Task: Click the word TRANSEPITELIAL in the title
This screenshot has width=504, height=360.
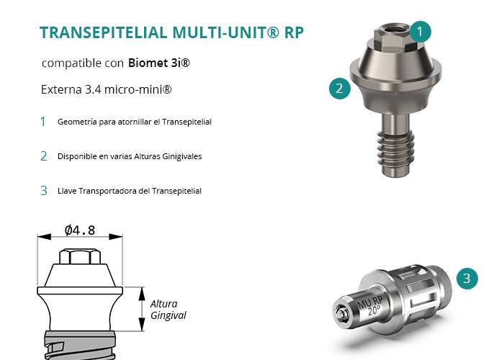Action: (x=104, y=32)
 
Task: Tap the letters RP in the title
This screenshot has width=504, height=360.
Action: (x=294, y=32)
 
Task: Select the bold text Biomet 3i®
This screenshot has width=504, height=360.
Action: (x=159, y=63)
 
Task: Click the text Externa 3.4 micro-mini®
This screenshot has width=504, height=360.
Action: (x=106, y=89)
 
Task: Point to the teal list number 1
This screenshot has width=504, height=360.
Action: (x=42, y=122)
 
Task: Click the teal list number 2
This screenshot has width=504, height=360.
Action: (x=44, y=156)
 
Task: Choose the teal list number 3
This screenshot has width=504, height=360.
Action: (x=44, y=191)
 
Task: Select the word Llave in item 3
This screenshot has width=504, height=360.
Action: (x=67, y=191)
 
